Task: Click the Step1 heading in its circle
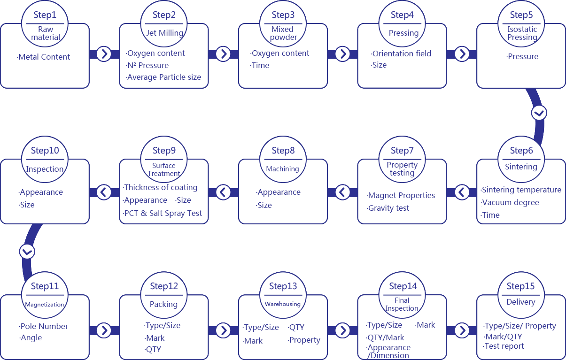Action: [45, 15]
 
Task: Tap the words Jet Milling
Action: [165, 33]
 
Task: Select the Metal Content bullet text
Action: [43, 57]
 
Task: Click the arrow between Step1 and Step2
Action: [104, 54]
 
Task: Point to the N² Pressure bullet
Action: [147, 65]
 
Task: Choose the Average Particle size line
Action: [163, 77]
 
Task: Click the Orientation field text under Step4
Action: [401, 54]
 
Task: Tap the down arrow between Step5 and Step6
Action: [539, 113]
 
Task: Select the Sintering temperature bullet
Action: [521, 190]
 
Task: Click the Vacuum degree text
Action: [510, 202]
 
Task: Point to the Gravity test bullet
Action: [388, 208]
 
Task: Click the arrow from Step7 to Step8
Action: [342, 192]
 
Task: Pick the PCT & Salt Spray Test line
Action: [162, 213]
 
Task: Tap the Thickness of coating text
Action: [160, 188]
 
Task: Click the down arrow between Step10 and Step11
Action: [27, 252]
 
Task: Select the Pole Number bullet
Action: [43, 326]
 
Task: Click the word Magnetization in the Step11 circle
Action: [45, 305]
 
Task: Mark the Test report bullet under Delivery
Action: [504, 346]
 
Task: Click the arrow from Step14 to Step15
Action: [462, 330]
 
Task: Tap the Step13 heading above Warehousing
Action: [283, 286]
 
